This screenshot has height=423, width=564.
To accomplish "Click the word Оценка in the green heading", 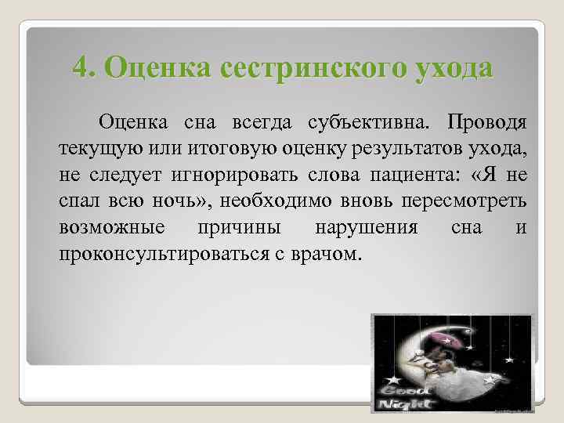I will point(150,67).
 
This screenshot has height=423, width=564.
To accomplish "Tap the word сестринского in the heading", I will point(313,67).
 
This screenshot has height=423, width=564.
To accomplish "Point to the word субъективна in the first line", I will point(365,123).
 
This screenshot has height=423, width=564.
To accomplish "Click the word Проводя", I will point(486,123).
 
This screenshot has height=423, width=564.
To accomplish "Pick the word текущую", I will point(92,148).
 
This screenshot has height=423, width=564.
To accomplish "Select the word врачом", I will point(331,252).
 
